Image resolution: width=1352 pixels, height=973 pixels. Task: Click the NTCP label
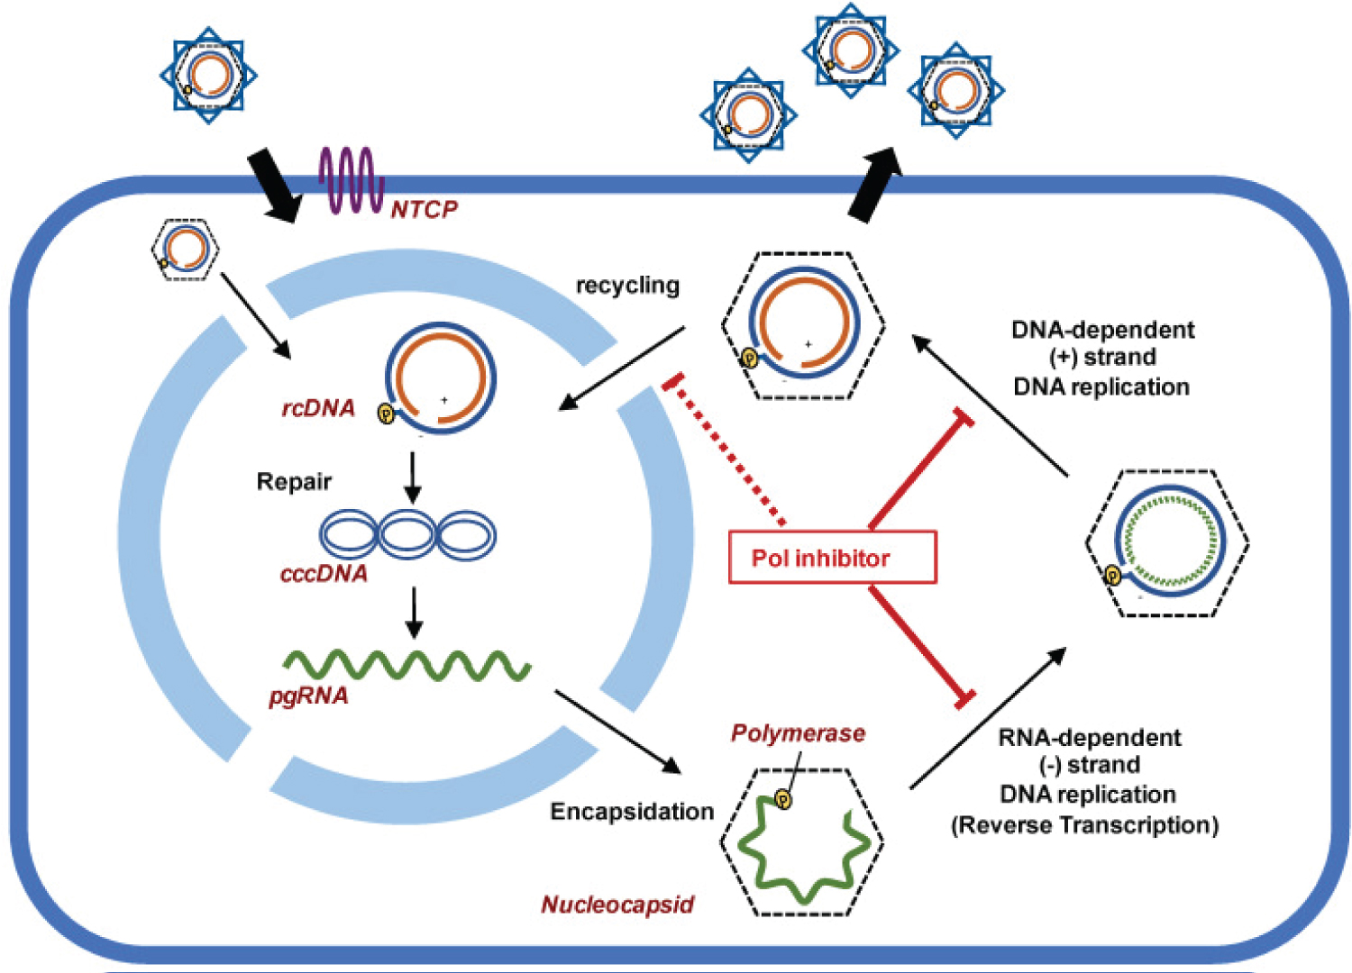[424, 209]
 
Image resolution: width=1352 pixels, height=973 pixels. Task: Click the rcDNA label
[318, 408]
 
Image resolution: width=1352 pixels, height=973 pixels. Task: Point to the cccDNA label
[324, 574]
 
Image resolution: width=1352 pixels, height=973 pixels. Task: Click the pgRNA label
[308, 696]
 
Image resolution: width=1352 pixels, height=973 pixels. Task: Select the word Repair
[294, 482]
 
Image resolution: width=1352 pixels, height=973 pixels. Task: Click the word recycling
[627, 285]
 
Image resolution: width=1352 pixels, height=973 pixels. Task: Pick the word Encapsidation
[632, 811]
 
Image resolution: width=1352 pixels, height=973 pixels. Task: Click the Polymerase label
[798, 733]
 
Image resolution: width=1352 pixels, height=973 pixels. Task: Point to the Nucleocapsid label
[617, 905]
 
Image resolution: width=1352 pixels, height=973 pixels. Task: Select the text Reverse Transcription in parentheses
[1084, 824]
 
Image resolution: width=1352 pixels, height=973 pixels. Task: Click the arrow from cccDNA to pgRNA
[413, 614]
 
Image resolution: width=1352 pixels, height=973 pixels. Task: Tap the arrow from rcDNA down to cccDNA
[412, 477]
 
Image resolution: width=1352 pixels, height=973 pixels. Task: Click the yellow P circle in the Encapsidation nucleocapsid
[783, 799]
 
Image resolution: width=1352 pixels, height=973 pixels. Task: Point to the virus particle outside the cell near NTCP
[208, 75]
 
